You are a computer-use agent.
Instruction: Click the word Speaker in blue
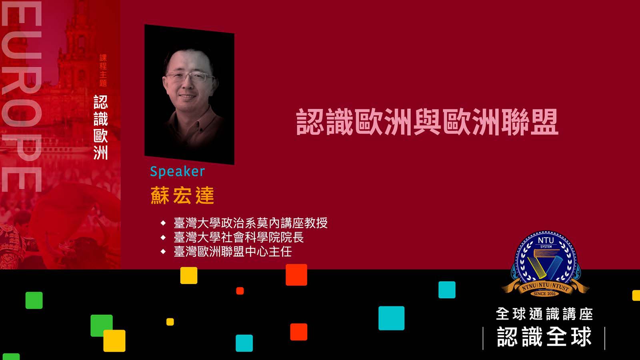tap(178, 172)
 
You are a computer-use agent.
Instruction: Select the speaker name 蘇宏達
tap(182, 196)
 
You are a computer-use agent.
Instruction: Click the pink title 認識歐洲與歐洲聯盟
tap(427, 122)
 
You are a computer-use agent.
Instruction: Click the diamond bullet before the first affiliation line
tap(163, 223)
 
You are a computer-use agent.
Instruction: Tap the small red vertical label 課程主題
tap(103, 70)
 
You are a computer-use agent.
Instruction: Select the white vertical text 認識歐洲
tap(101, 128)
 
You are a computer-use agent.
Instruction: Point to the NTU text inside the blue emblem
tap(546, 240)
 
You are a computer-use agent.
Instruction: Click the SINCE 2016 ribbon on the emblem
tap(544, 294)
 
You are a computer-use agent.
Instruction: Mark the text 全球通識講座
tap(544, 314)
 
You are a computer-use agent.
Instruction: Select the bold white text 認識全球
tap(544, 337)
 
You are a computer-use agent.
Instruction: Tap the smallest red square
tap(240, 291)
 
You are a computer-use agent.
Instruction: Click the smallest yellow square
tap(170, 322)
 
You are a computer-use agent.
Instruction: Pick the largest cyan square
tap(392, 318)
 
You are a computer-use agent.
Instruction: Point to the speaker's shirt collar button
tap(201, 130)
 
